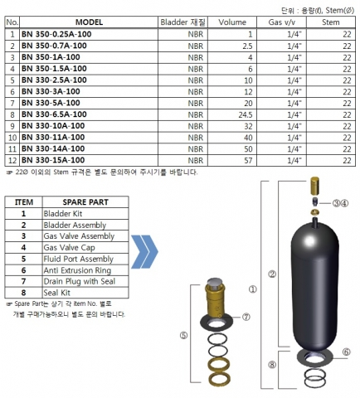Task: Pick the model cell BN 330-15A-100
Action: (58, 158)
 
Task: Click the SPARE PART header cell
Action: (85, 201)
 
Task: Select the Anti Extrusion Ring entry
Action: (80, 270)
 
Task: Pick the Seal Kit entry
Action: (58, 293)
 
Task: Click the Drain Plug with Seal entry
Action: (80, 282)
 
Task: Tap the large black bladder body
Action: (313, 290)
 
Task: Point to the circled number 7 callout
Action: (246, 316)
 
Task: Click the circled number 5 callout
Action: (183, 336)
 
